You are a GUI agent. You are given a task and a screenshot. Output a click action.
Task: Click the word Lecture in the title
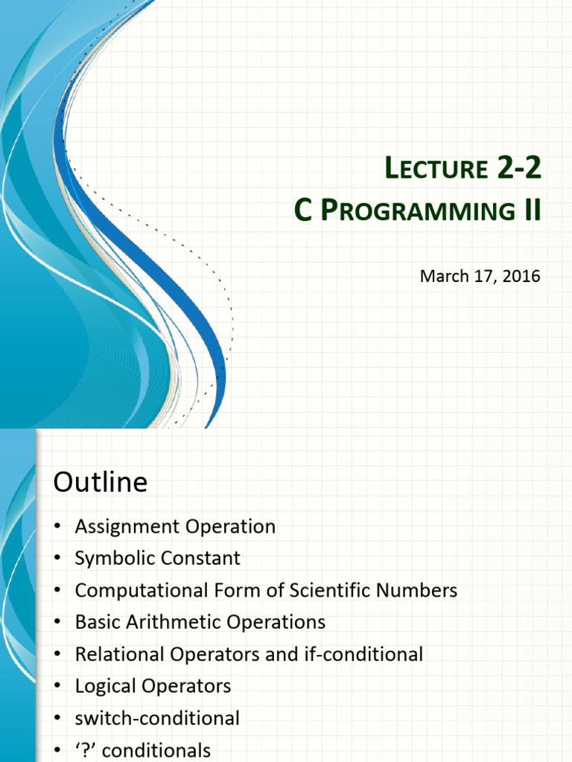(x=436, y=167)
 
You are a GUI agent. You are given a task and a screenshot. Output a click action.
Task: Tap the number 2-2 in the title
(x=519, y=167)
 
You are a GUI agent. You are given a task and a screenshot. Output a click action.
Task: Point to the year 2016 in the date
(x=521, y=276)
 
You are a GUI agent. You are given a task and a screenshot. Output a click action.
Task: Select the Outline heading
(x=101, y=482)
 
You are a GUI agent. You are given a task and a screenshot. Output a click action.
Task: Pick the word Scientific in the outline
(x=330, y=590)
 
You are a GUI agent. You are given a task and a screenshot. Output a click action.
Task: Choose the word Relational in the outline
(x=120, y=654)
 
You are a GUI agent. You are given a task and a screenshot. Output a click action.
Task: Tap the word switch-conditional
(x=157, y=718)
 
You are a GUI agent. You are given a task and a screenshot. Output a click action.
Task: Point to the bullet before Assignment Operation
(x=58, y=526)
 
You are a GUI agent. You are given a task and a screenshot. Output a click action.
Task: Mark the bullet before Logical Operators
(x=58, y=685)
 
